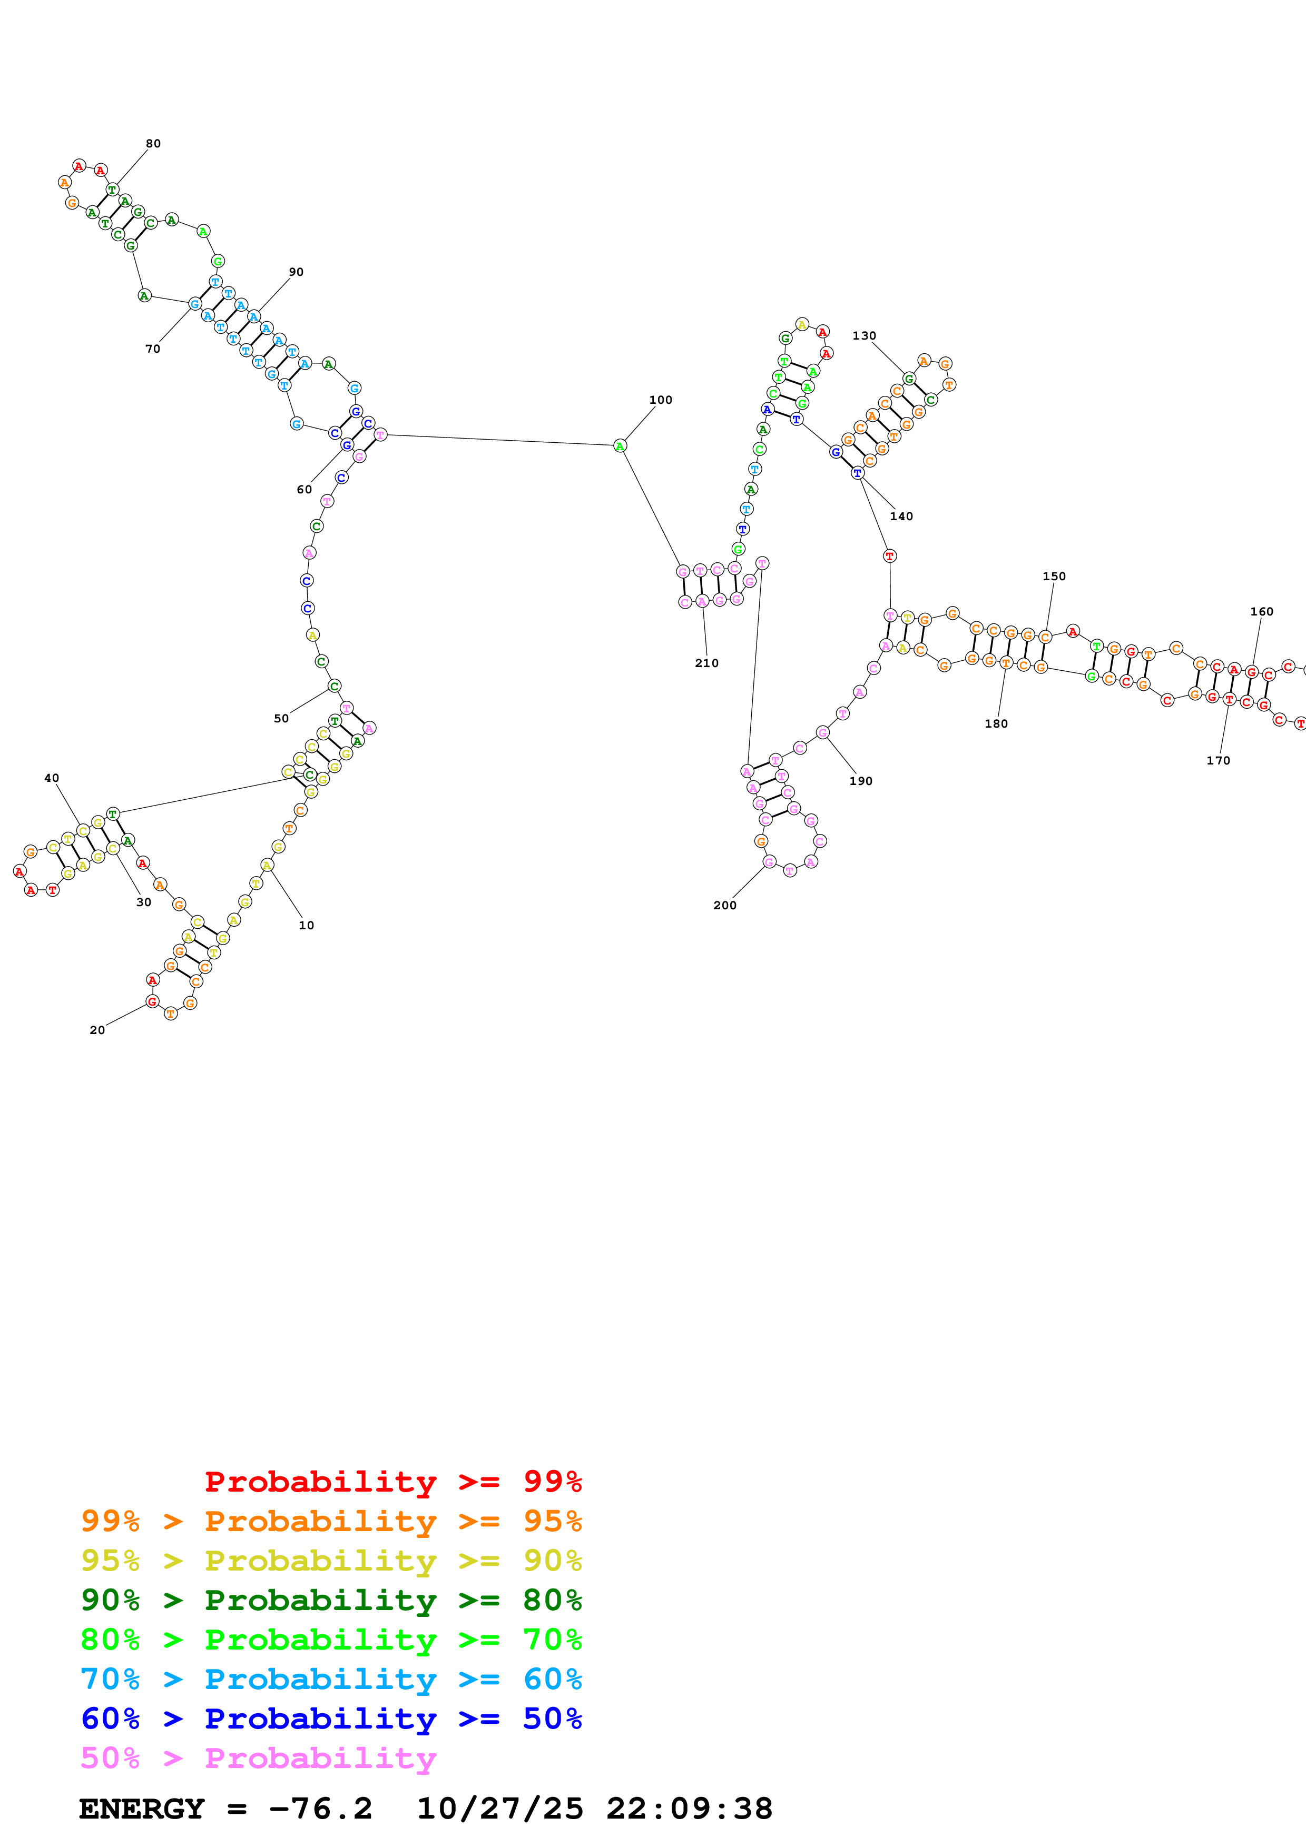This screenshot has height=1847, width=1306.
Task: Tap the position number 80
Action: (153, 144)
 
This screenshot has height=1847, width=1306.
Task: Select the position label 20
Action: (96, 1030)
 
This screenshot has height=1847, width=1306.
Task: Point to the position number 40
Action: (52, 778)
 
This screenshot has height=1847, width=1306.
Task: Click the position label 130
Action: (863, 335)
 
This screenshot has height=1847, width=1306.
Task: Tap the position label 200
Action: (724, 905)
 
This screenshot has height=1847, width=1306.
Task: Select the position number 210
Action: (706, 663)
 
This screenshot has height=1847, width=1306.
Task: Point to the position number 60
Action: (304, 489)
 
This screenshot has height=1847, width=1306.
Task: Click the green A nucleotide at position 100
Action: (620, 445)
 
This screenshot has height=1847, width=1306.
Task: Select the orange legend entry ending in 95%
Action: (331, 1521)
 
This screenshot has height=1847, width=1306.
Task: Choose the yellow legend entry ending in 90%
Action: (331, 1560)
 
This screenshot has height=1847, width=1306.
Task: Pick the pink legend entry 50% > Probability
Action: (258, 1757)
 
